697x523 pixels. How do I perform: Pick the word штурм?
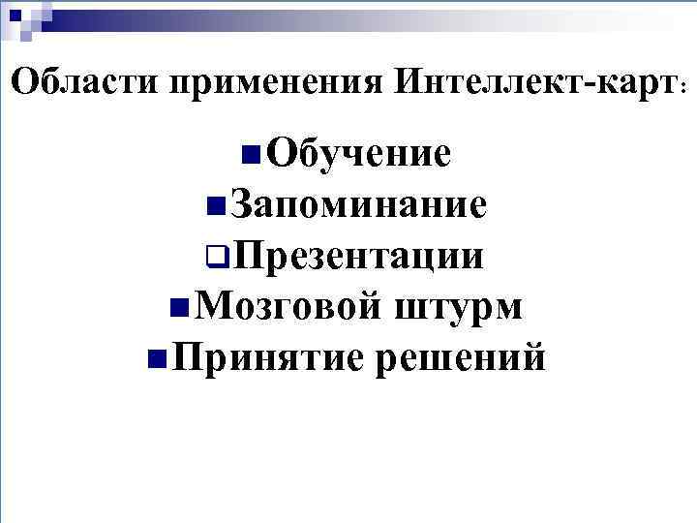pyautogui.click(x=459, y=307)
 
